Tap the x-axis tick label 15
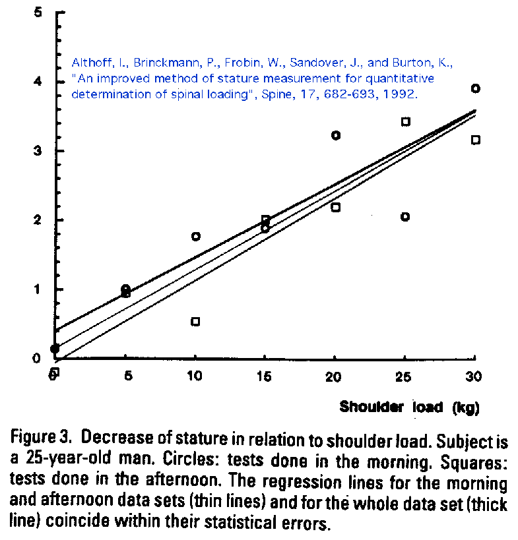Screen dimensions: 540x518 coord(265,376)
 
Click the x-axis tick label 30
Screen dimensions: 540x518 coord(474,376)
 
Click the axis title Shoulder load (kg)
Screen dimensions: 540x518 coord(409,407)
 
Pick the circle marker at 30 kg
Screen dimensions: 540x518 coord(475,88)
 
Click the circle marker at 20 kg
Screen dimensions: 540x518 coord(336,135)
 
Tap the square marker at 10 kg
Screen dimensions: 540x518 coord(195,322)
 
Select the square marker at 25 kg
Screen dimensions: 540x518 coord(406,121)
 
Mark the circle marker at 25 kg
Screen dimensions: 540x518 coord(405,217)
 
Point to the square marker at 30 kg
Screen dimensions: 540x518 coord(475,140)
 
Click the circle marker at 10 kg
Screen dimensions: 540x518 coord(196,236)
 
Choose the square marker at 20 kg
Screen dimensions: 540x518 coord(335,207)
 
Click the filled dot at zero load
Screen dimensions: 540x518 coord(55,349)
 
